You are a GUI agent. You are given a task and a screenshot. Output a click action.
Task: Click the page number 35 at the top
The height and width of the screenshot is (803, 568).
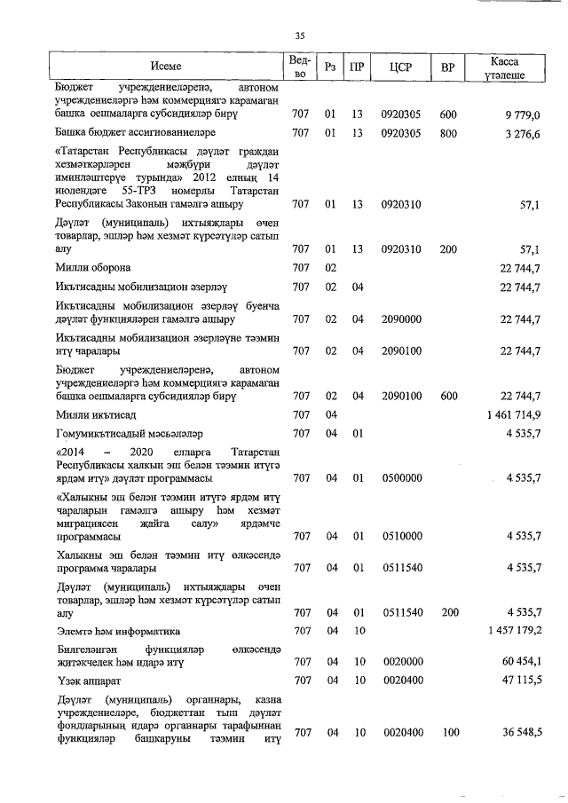(299, 35)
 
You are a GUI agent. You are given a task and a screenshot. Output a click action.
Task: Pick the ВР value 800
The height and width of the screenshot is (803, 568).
(447, 133)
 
